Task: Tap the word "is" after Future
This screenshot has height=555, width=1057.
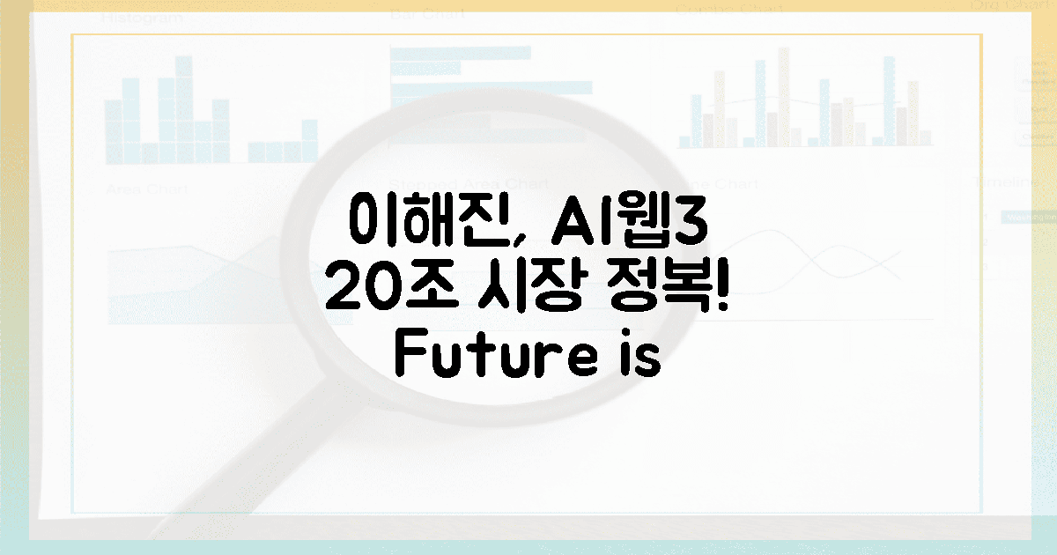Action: pos(642,356)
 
